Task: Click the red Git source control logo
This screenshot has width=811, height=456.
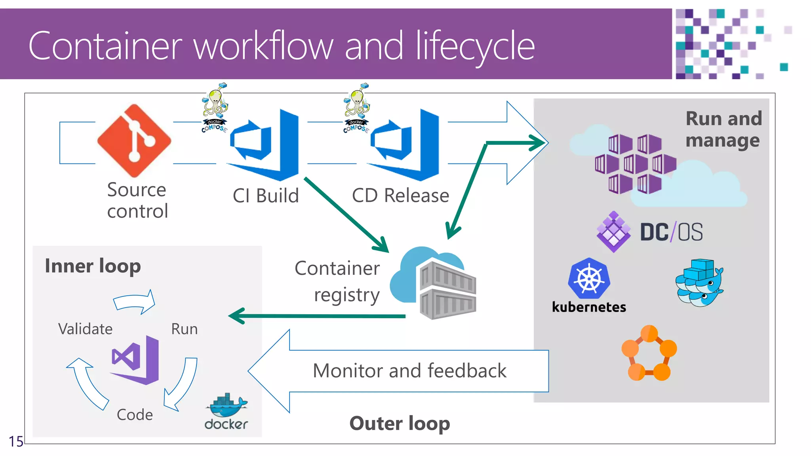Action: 134,141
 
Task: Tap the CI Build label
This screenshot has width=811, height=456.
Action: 265,196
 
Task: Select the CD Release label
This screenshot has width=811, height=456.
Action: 400,196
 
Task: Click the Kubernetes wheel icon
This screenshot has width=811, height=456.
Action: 589,278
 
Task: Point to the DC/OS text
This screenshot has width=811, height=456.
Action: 671,232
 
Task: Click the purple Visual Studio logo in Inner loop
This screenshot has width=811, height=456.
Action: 136,360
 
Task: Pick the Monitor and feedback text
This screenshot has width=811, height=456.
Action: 409,371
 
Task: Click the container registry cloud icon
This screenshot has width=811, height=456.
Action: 433,283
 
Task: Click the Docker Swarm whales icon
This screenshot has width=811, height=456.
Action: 699,282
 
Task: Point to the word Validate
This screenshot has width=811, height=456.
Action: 85,329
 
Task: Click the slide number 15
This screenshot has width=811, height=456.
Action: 16,441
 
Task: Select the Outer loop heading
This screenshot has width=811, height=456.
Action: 400,424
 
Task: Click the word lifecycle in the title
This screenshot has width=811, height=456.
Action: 475,47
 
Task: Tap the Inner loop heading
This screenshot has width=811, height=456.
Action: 93,266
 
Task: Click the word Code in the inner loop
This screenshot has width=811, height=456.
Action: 135,414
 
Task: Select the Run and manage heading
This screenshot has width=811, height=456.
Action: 723,129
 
